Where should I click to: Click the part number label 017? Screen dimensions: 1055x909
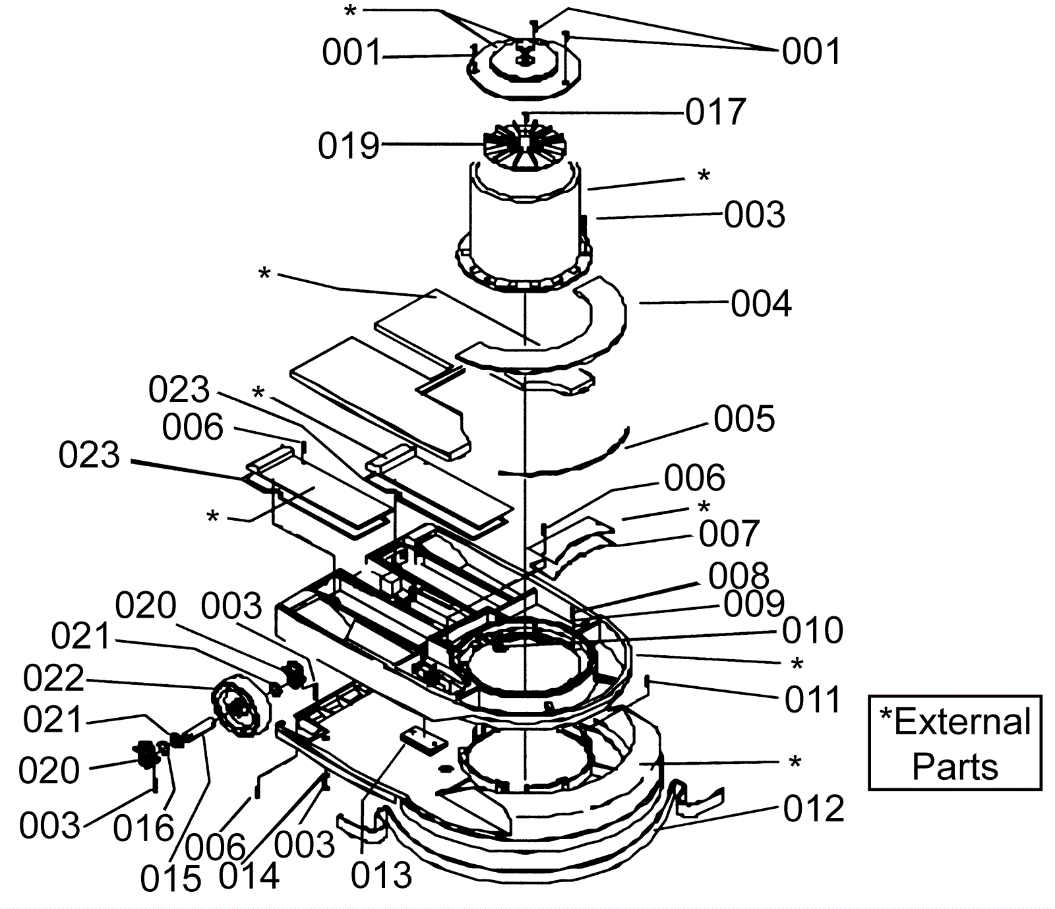point(715,112)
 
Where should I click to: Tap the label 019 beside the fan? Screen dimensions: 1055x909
point(349,146)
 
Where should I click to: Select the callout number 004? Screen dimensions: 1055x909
point(761,305)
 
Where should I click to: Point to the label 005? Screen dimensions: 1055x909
point(744,419)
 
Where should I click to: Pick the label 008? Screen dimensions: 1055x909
point(738,577)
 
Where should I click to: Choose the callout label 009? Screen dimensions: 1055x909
point(754,604)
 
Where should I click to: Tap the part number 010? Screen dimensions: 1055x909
point(812,631)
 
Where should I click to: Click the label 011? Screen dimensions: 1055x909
point(812,699)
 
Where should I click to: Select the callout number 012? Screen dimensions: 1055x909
point(814,809)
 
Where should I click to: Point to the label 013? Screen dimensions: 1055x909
point(381,875)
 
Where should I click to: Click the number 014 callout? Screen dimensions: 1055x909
point(249,876)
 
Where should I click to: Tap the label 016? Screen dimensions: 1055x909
point(143,829)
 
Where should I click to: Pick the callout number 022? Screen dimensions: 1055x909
point(54,678)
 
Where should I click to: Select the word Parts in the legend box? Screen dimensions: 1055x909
point(955,767)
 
